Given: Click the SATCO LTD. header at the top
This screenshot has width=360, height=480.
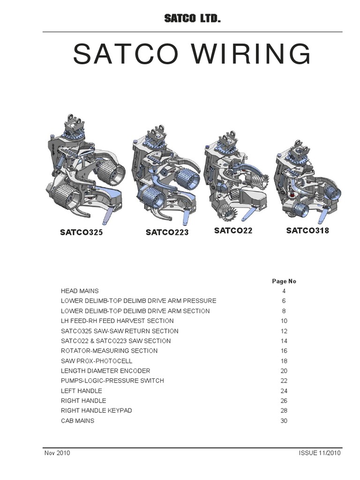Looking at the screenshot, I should [x=192, y=19].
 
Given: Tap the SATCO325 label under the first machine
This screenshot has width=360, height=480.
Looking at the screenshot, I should [x=81, y=232].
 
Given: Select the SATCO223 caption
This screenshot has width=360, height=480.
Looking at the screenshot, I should [x=167, y=232].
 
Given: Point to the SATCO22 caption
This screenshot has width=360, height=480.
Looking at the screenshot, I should [x=233, y=230].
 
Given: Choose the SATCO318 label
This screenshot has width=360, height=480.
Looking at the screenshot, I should [x=307, y=230].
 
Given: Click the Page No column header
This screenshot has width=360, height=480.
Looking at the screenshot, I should [x=284, y=281].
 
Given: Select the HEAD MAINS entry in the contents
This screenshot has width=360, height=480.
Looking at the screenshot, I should [x=80, y=291].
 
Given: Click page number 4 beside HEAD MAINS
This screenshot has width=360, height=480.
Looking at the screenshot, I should [x=284, y=291].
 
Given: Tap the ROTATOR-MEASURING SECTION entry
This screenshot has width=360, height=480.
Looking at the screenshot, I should [x=109, y=351].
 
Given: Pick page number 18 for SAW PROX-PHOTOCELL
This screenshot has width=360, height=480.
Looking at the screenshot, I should [x=284, y=361].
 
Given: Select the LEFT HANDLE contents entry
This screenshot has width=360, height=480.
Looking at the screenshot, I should [x=82, y=390].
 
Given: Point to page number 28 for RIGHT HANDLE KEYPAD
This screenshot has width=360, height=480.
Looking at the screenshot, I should [x=284, y=411].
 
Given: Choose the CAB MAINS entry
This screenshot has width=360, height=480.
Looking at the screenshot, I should [x=77, y=420].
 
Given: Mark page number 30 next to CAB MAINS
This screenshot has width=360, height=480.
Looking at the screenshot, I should [x=284, y=421].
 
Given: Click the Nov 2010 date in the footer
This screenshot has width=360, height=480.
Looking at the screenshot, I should [x=58, y=453].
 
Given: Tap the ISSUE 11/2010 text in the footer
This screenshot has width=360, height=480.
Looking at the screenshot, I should [x=320, y=453].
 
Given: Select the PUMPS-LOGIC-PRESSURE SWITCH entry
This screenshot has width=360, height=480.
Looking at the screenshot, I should [x=112, y=381].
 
